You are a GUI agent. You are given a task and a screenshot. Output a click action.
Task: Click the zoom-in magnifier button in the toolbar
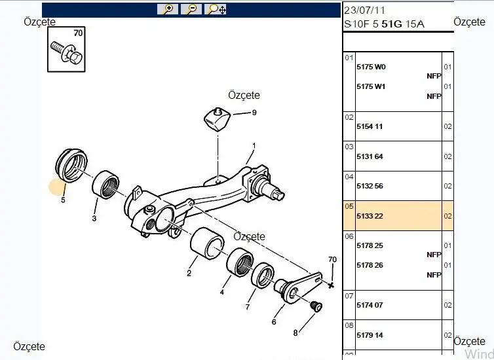pos(168,9)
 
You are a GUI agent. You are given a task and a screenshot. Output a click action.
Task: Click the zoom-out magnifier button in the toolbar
pos(191,9)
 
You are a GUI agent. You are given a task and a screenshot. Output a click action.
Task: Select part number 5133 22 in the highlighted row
pos(370,215)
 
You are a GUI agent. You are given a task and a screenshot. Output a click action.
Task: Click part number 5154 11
pos(370,126)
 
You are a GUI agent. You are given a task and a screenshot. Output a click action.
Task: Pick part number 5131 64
pos(370,156)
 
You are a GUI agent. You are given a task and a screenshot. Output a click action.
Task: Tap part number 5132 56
pos(370,186)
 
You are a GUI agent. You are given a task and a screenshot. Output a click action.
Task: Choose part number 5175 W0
pos(371,67)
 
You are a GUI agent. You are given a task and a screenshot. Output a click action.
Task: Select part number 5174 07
pos(370,305)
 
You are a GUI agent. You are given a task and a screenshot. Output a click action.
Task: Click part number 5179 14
pos(370,335)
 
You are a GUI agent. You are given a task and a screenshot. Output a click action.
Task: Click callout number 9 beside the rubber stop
pos(254,113)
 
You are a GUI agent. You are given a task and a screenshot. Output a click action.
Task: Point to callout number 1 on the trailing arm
pos(254,145)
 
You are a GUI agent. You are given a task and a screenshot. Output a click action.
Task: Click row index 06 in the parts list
pos(349,236)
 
